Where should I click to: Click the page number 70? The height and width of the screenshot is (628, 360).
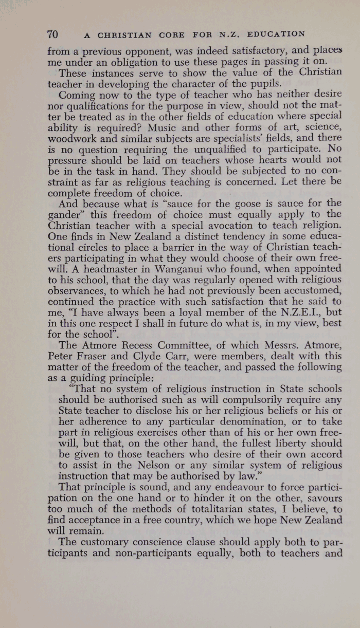52,35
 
